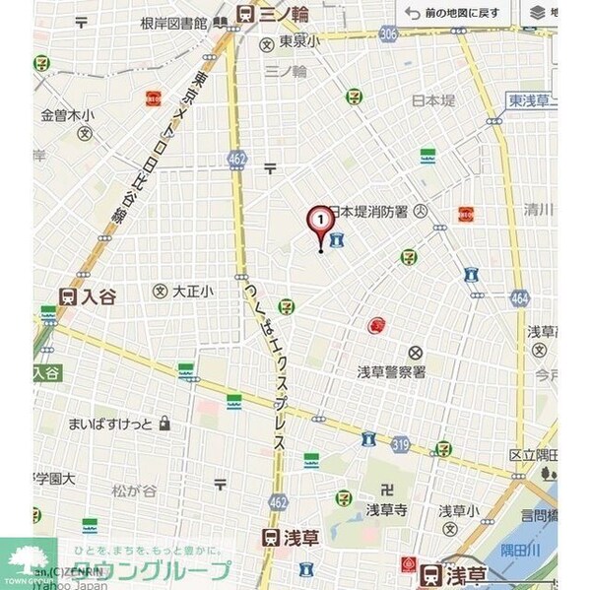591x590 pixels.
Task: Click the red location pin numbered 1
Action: pyautogui.click(x=320, y=221)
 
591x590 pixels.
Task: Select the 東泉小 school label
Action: pyautogui.click(x=299, y=41)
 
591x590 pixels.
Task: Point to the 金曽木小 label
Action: pyautogui.click(x=67, y=116)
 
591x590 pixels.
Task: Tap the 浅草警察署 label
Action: pyautogui.click(x=391, y=372)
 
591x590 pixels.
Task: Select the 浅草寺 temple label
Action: pyautogui.click(x=386, y=509)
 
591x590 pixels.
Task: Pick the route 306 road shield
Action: pyautogui.click(x=388, y=34)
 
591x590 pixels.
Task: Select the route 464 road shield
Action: pyautogui.click(x=519, y=297)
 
